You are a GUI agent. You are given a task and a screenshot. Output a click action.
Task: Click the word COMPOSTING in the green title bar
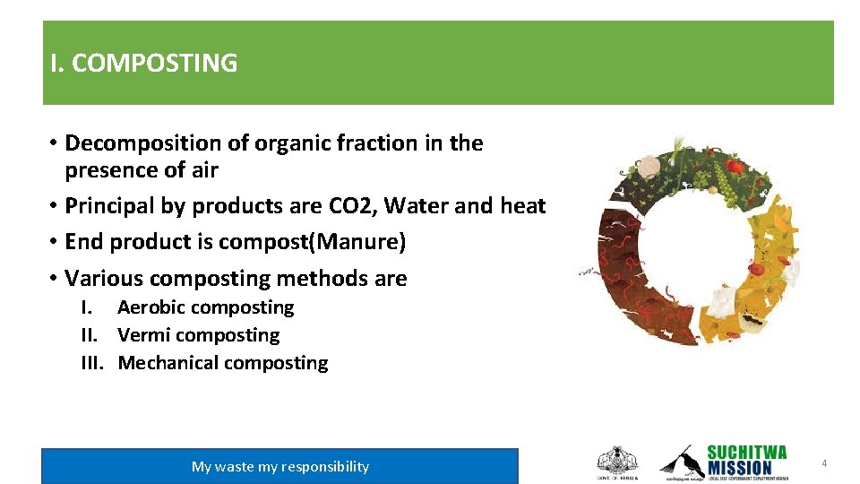154,64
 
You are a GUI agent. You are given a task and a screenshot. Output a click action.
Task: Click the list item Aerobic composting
205,307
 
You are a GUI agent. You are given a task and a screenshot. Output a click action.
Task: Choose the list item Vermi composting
198,335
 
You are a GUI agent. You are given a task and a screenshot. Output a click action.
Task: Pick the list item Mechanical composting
222,363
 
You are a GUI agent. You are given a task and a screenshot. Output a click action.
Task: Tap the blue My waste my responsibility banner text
279,466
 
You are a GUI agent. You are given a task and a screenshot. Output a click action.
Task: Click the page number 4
823,463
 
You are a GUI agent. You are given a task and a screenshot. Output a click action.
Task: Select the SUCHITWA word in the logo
746,452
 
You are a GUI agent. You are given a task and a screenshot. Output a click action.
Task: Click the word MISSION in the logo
739,468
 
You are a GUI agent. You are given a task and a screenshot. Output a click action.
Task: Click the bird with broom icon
681,460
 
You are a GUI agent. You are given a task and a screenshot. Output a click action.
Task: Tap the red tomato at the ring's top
735,166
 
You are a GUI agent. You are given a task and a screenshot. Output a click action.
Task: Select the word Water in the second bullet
419,206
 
